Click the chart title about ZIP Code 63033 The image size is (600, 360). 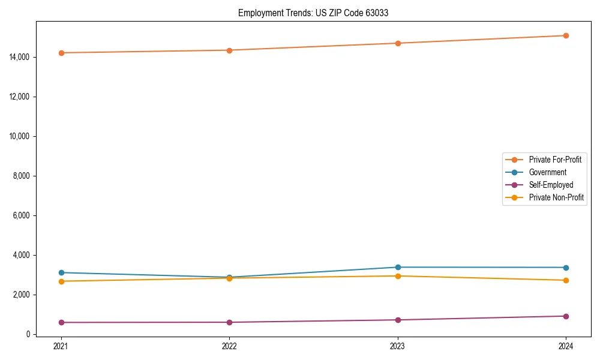coord(313,13)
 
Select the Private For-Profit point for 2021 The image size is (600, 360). coord(61,53)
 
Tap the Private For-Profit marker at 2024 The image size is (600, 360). coord(566,35)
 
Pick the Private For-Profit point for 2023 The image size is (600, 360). coord(398,43)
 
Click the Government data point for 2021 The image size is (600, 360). coord(61,272)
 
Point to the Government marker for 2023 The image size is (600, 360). coord(398,267)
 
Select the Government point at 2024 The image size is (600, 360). coord(566,268)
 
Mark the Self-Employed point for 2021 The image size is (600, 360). coord(61,322)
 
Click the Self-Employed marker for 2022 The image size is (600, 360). coord(229,322)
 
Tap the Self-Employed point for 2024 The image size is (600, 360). coord(566,316)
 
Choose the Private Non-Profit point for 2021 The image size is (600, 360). coord(61,281)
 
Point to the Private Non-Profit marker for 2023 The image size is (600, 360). coord(398,276)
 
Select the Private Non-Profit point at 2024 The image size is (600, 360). coord(566,280)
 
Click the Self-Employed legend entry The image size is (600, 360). coord(551,185)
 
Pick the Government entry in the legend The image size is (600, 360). coord(547,172)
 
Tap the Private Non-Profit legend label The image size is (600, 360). coord(556,197)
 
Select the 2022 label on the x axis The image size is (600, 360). coord(229,346)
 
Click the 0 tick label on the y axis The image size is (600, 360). coord(27,334)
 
